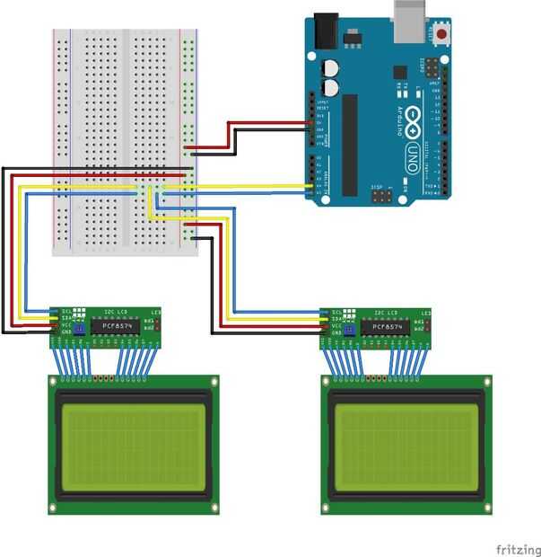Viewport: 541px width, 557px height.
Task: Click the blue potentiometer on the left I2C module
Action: point(78,330)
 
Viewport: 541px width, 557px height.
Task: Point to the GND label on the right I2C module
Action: point(336,332)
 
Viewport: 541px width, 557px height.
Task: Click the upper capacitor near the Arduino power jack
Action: point(330,68)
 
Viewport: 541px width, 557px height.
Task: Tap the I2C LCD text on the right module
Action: point(388,312)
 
